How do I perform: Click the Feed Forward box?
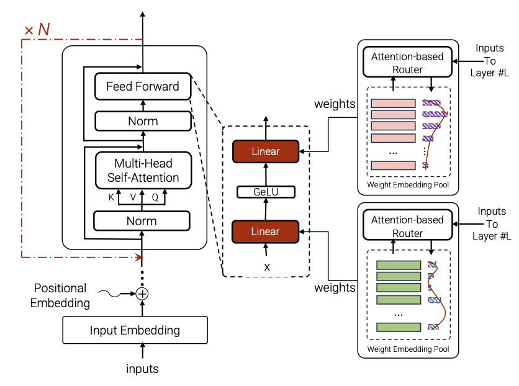pyautogui.click(x=143, y=86)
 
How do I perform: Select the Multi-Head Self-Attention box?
pyautogui.click(x=143, y=171)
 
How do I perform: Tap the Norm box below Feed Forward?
pyautogui.click(x=143, y=121)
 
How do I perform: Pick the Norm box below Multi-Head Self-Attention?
pyautogui.click(x=142, y=221)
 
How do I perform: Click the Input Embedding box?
pyautogui.click(x=135, y=330)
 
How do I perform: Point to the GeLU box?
pyautogui.click(x=266, y=192)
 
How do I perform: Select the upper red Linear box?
pyautogui.click(x=266, y=151)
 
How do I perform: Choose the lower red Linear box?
pyautogui.click(x=266, y=231)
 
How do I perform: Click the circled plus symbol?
pyautogui.click(x=142, y=294)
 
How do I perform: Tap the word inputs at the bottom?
pyautogui.click(x=142, y=369)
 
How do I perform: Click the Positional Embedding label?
pyautogui.click(x=60, y=296)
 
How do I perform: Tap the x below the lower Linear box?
pyautogui.click(x=267, y=267)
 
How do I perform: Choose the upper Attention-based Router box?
pyautogui.click(x=407, y=63)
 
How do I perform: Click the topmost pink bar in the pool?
pyautogui.click(x=393, y=103)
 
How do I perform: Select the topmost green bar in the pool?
pyautogui.click(x=399, y=265)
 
